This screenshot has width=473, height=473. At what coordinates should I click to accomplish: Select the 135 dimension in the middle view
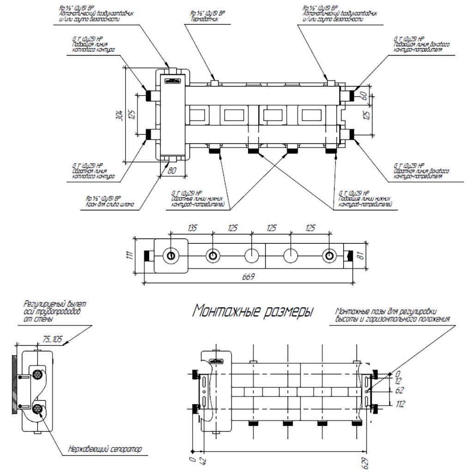click(191, 228)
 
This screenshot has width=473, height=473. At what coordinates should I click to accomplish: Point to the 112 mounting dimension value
click(400, 404)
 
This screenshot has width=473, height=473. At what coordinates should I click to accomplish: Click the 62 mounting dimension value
click(400, 390)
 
